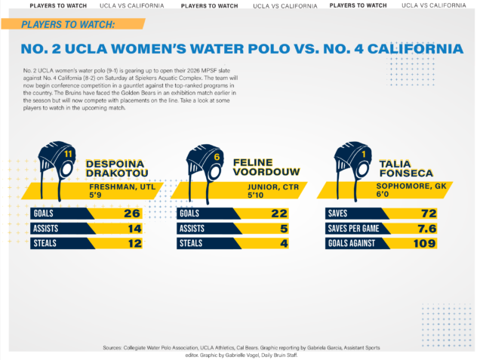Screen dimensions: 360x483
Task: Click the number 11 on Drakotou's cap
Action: pyautogui.click(x=68, y=155)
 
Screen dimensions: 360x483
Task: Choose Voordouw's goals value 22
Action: pyautogui.click(x=278, y=214)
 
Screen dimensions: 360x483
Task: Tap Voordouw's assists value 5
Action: pyautogui.click(x=284, y=228)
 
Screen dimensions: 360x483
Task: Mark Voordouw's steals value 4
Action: pyautogui.click(x=284, y=243)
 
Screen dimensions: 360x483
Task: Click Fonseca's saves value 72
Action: pyautogui.click(x=429, y=214)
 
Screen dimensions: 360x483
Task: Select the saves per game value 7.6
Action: pyautogui.click(x=428, y=228)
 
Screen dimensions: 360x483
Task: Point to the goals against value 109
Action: pyautogui.click(x=426, y=243)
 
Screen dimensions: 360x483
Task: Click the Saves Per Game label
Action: pyautogui.click(x=356, y=229)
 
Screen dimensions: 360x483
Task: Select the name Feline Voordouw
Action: pyautogui.click(x=265, y=169)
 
